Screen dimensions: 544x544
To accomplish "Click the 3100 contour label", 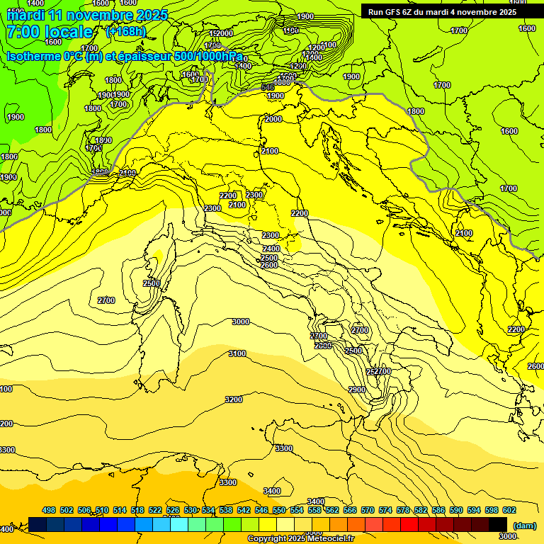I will [x=237, y=353].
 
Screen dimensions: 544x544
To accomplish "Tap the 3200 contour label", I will [x=234, y=399].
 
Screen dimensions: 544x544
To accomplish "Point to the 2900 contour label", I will [x=357, y=390].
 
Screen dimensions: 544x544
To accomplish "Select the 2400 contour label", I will [x=271, y=249].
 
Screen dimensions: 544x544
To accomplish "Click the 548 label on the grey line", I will [x=268, y=87].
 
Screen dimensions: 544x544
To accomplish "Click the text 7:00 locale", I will [x=50, y=32].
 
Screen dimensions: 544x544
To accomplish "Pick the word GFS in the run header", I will [x=401, y=12].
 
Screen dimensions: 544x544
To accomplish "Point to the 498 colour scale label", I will [x=49, y=510].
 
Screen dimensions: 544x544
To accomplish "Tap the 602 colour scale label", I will [x=509, y=510].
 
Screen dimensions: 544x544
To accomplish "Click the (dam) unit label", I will [x=525, y=525].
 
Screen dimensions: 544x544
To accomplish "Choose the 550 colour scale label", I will [x=279, y=510].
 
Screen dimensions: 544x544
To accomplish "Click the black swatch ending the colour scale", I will [x=498, y=524].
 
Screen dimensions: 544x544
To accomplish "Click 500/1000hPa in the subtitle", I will [x=209, y=57].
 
